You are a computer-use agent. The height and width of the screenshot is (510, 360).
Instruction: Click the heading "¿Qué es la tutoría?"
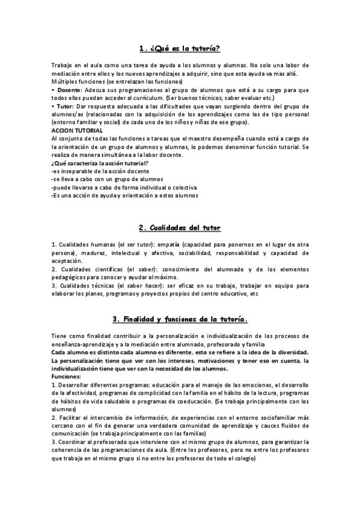[180, 48]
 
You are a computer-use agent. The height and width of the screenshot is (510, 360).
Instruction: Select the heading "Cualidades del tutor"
[180, 228]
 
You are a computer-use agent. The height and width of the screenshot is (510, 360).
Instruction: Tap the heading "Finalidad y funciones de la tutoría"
[180, 319]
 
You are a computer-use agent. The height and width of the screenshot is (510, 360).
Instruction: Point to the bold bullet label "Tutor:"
[66, 106]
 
